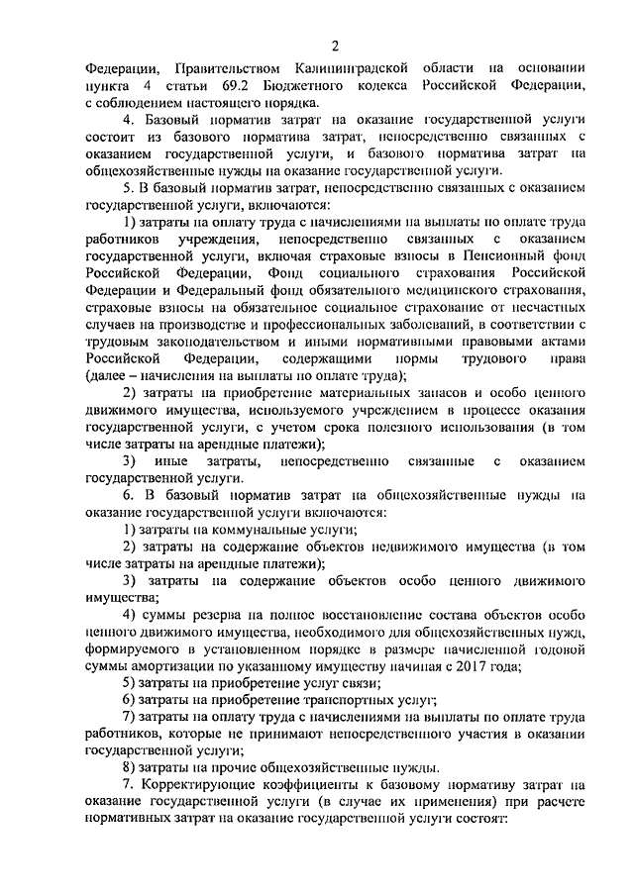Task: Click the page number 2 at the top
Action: [334, 46]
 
